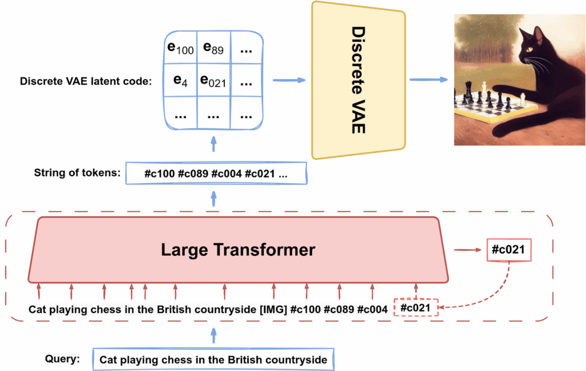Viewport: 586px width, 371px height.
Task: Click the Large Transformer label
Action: click(237, 250)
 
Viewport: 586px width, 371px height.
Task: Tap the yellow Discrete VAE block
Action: click(358, 80)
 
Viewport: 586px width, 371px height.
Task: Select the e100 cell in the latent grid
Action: click(180, 49)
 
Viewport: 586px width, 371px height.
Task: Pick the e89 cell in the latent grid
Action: click(213, 49)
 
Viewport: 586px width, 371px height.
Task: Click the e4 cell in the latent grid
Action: click(180, 81)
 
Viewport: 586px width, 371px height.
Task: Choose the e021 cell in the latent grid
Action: click(213, 81)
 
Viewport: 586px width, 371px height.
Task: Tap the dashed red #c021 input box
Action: click(416, 308)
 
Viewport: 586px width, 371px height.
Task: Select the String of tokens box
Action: click(216, 173)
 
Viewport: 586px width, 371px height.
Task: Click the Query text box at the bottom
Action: click(213, 360)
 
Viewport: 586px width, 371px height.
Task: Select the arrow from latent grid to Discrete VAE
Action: click(288, 80)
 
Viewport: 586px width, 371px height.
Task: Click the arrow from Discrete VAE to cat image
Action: click(427, 80)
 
